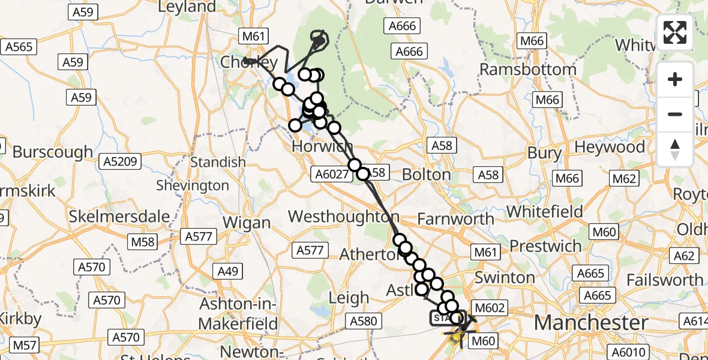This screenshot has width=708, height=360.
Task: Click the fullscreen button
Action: point(675,32)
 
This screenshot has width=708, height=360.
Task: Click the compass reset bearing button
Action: point(675,149)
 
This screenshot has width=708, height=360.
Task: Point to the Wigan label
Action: point(247,223)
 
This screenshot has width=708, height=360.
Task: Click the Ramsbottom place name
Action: point(528,69)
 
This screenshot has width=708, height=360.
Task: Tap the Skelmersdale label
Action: point(119,216)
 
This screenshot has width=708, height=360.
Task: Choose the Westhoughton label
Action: point(344,217)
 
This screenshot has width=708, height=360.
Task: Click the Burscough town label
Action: point(53,152)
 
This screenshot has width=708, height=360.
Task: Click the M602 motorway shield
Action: point(490,308)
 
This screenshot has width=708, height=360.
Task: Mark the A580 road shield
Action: point(363,321)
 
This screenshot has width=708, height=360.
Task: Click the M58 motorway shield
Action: point(142,242)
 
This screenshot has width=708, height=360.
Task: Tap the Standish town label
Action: point(218,162)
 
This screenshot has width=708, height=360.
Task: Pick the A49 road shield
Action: point(229,271)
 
